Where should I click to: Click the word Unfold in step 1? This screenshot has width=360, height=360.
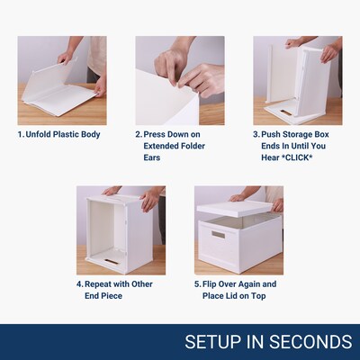pos(38,134)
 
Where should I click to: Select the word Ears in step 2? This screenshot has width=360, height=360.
pos(152,157)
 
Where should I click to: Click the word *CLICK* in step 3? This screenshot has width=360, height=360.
pos(297,157)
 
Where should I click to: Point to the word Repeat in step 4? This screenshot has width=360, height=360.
pos(98,284)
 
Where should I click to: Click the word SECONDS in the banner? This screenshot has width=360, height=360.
pos(310,342)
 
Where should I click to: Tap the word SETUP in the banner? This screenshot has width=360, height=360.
pos(213,342)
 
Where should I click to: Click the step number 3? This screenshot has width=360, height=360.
pos(256,134)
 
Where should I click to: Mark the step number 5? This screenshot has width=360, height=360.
pos(197,284)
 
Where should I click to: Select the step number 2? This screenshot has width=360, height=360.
pos(138,134)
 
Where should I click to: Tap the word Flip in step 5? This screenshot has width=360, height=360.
pos(209,284)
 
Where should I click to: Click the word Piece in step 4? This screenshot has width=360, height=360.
pos(112,296)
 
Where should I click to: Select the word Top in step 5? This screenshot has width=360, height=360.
pos(258,296)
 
